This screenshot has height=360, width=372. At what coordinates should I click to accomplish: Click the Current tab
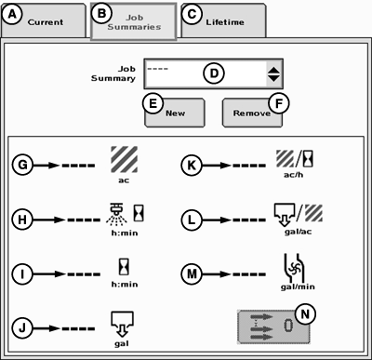(x=44, y=20)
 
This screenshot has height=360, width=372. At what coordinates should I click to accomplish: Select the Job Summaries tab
(x=134, y=21)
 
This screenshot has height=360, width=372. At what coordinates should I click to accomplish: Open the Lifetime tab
(x=223, y=20)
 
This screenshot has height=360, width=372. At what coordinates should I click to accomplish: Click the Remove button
(x=252, y=113)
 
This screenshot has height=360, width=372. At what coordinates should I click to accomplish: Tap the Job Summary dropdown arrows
(x=273, y=74)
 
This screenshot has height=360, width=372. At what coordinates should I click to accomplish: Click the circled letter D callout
(x=214, y=73)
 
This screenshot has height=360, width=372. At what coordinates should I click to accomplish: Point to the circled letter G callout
(x=22, y=165)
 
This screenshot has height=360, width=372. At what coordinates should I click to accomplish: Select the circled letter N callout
(x=305, y=314)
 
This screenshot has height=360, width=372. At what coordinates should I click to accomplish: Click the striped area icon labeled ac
(x=124, y=159)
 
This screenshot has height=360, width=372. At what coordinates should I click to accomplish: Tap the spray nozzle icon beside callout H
(x=116, y=214)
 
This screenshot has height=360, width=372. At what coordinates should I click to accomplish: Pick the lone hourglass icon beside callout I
(x=125, y=267)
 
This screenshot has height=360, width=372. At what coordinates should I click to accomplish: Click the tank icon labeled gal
(x=122, y=324)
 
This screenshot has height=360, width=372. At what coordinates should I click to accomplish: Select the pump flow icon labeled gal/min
(x=295, y=268)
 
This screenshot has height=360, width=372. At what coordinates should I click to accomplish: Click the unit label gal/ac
(x=298, y=232)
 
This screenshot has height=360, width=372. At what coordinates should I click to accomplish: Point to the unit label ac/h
(x=293, y=175)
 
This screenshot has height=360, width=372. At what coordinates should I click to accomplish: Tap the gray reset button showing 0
(x=273, y=327)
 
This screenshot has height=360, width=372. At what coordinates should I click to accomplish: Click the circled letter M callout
(x=192, y=273)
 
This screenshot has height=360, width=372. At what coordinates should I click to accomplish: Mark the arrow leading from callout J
(x=46, y=328)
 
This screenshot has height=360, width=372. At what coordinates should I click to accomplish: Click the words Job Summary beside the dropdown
(x=113, y=73)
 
